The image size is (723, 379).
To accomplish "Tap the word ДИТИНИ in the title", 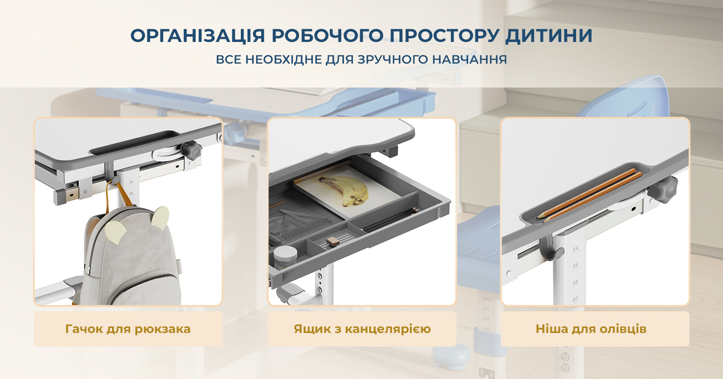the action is [x=549, y=36].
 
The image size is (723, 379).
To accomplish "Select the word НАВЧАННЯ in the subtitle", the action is [x=469, y=60].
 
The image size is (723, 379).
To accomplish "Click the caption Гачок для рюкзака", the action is [x=128, y=329].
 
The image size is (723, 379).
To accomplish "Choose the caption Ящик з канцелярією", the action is [x=362, y=329].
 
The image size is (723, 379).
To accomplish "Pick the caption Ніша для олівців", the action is [x=591, y=329].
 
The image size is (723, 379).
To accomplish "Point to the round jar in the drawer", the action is [x=285, y=258].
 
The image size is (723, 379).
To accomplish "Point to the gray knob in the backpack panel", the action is [x=192, y=150].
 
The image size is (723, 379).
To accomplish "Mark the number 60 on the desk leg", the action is [x=575, y=300].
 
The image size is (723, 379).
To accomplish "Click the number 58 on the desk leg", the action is [x=575, y=283].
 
